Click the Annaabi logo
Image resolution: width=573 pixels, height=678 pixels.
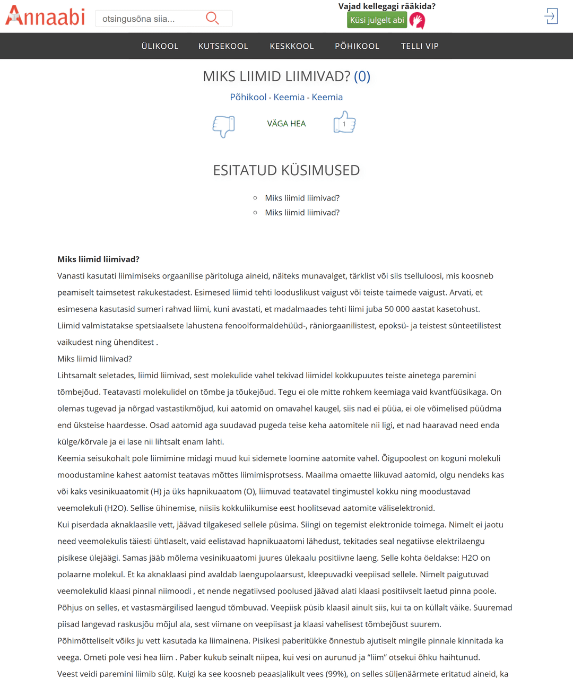pos(45,16)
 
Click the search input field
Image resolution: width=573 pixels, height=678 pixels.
pos(149,19)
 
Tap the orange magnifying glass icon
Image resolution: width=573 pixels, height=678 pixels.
pos(212,19)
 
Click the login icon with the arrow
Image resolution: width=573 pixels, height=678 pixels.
pos(551,16)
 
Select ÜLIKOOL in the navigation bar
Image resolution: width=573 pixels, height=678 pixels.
pos(160,46)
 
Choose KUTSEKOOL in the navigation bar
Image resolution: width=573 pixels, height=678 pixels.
pos(223,46)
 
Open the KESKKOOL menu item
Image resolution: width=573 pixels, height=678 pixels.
pos(292,46)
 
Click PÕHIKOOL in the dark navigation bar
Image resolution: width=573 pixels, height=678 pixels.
pos(357,46)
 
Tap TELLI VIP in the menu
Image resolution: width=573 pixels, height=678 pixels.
pos(420,46)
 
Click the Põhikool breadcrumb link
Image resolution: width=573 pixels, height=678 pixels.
pos(248,97)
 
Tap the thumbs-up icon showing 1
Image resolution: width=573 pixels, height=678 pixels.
pos(344,123)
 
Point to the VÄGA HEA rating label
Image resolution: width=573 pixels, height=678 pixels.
pos(286,124)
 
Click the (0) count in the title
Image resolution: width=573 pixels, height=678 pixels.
pos(362,76)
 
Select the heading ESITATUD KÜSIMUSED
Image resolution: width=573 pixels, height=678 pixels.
pos(286,170)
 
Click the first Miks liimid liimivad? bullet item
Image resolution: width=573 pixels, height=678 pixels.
pos(302,198)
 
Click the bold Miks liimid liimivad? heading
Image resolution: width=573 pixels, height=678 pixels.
pos(98,259)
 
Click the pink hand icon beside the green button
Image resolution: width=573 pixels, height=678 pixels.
pos(418,21)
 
